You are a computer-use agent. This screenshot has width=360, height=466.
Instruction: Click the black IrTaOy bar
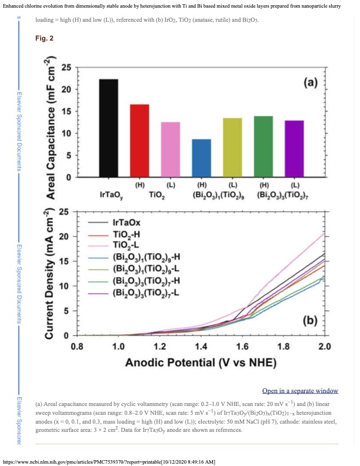click(x=108, y=128)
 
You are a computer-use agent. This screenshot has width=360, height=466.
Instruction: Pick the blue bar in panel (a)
click(x=202, y=158)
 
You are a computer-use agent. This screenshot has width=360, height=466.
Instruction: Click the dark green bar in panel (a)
click(x=263, y=147)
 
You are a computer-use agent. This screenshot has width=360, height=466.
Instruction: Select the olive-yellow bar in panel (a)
click(x=232, y=148)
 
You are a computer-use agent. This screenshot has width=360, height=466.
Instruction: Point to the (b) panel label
click(x=311, y=321)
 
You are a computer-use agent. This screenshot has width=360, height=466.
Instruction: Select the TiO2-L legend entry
click(x=125, y=245)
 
